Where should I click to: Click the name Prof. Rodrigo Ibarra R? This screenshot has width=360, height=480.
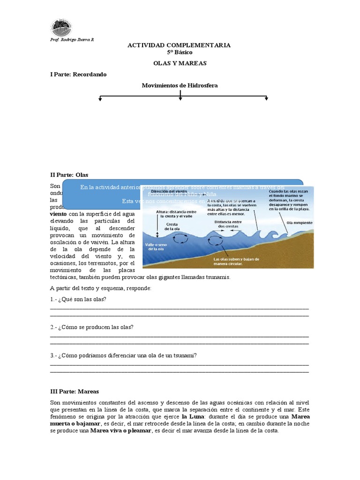[72, 39]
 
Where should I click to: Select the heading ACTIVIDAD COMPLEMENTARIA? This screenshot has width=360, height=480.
[180, 45]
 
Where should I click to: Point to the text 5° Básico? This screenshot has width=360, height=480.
[180, 52]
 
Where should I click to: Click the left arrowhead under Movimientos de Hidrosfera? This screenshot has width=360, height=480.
[100, 98]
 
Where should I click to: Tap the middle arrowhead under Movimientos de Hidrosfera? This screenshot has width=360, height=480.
[180, 98]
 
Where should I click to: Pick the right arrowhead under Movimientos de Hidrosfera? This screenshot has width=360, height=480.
[266, 98]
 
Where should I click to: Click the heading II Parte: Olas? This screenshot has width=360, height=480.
[69, 175]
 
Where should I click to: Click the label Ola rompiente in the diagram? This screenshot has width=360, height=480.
[300, 223]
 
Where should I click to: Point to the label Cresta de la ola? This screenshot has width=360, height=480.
[172, 226]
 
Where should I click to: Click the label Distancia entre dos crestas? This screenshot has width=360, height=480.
[227, 224]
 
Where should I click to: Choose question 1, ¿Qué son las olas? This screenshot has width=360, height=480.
[78, 299]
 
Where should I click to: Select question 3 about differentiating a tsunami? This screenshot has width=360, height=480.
[123, 355]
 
